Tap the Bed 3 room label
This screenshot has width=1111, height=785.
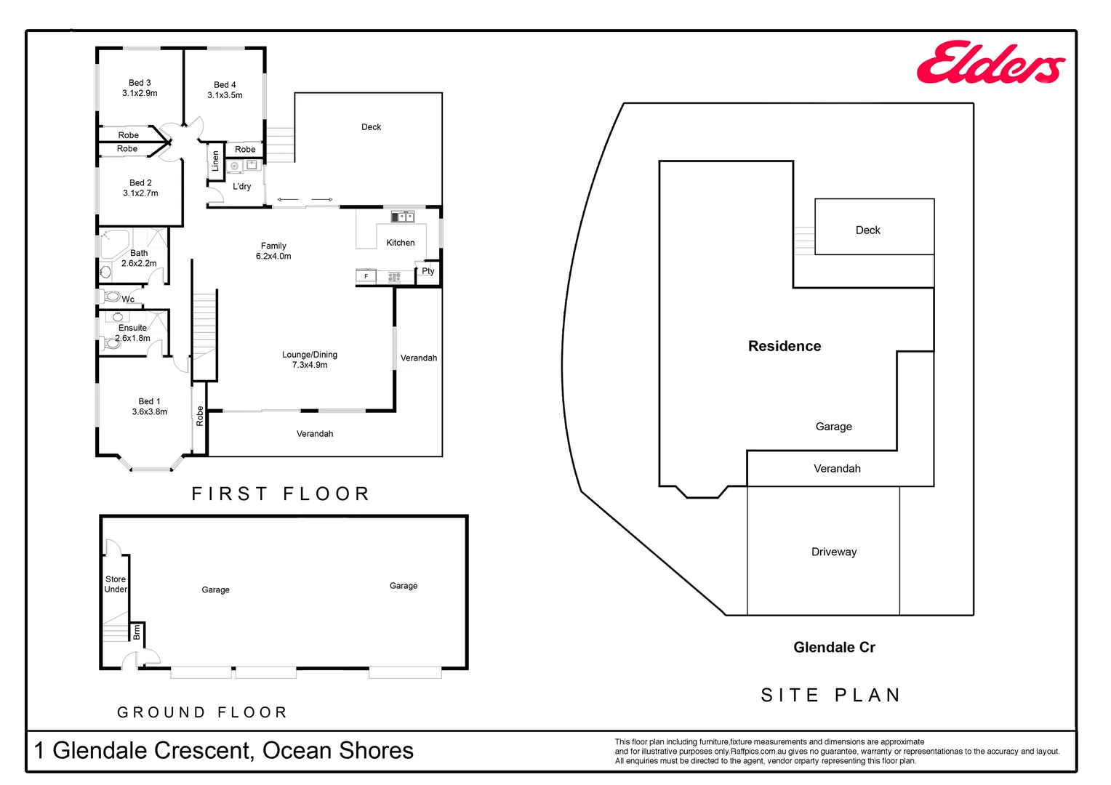click(x=140, y=83)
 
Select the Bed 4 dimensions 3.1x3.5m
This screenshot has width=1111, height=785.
click(x=225, y=95)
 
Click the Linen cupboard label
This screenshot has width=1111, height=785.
click(x=215, y=161)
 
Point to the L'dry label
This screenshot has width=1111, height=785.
click(x=241, y=187)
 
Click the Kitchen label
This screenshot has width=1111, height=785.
click(x=400, y=243)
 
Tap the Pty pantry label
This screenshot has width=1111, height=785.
click(x=428, y=271)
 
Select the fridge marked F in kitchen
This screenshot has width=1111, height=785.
click(x=366, y=276)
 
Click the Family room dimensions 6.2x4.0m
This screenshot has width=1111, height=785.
click(x=273, y=257)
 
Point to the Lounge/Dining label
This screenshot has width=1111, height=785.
click(x=310, y=355)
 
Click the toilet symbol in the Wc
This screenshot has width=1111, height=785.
click(x=112, y=297)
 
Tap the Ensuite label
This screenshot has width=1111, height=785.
click(x=132, y=328)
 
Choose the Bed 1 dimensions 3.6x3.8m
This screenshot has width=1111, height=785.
click(x=149, y=412)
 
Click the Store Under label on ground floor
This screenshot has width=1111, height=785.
click(x=116, y=584)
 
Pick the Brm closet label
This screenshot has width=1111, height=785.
click(x=137, y=633)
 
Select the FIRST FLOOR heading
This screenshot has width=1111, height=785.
click(x=281, y=494)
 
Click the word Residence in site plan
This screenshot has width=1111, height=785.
click(x=784, y=346)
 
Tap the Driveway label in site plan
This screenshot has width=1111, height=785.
click(x=833, y=552)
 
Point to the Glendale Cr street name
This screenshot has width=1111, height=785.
click(x=834, y=647)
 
